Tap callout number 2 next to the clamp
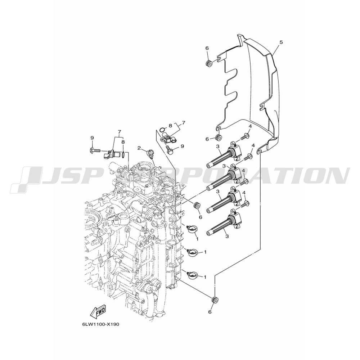click(139, 148)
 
